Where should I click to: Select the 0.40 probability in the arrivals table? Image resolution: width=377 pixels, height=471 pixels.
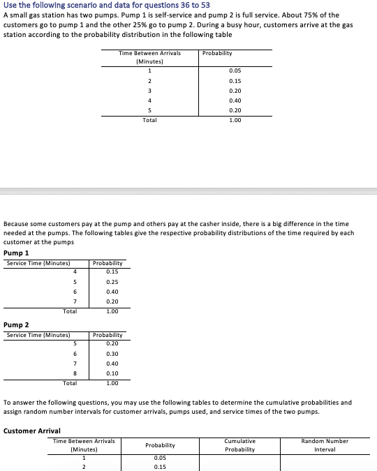[235, 100]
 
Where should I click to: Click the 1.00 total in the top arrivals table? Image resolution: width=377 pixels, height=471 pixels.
[235, 120]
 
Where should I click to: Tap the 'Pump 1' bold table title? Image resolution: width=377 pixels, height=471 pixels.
[17, 253]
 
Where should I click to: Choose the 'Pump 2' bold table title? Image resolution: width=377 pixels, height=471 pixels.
[17, 324]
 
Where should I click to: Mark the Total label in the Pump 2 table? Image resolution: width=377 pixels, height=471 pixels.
[70, 383]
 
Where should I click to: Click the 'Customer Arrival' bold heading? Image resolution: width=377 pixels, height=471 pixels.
[32, 431]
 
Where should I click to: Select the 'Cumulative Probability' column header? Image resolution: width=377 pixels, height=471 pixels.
[239, 445]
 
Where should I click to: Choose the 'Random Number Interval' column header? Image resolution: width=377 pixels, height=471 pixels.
[325, 445]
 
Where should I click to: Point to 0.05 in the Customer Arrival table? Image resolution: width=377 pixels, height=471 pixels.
[160, 458]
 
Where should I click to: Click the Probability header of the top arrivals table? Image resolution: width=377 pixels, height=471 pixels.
[217, 53]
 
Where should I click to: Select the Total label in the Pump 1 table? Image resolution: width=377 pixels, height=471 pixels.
[70, 311]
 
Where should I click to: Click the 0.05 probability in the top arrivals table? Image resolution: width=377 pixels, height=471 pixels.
[235, 70]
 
